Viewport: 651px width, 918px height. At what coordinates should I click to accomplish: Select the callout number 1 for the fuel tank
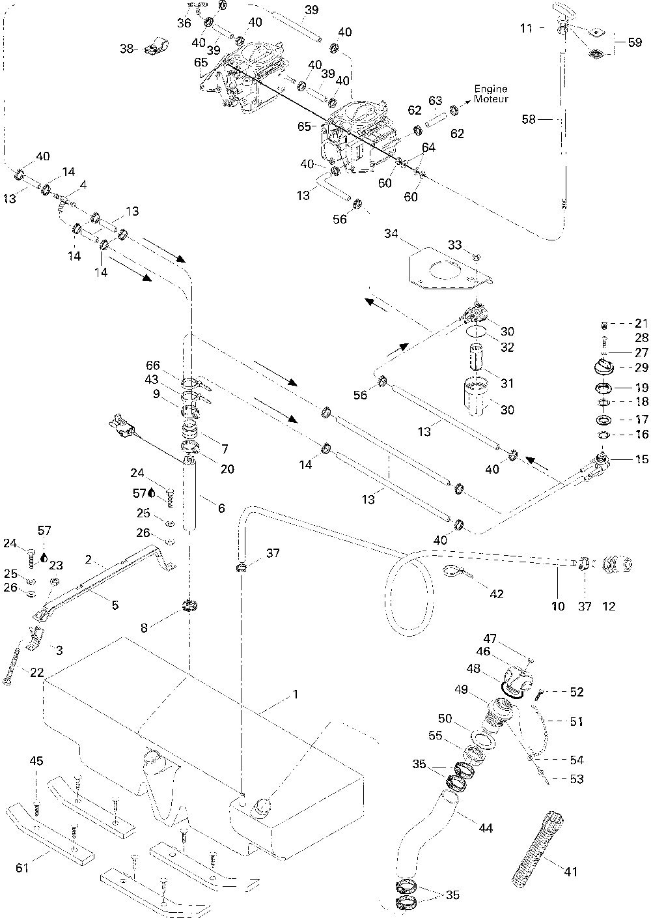(x=295, y=695)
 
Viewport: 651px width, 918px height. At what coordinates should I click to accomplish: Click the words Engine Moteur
(x=491, y=94)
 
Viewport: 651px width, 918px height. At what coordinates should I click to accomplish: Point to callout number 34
(x=391, y=234)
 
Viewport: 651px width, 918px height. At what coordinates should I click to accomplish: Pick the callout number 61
(x=22, y=868)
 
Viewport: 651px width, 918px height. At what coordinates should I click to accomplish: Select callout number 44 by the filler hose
(x=486, y=828)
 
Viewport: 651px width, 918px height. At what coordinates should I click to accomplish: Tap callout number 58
(x=529, y=119)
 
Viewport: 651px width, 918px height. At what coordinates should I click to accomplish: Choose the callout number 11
(x=526, y=28)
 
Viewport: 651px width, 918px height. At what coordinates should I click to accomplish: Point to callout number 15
(x=642, y=459)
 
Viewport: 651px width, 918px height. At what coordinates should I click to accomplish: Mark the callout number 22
(x=37, y=672)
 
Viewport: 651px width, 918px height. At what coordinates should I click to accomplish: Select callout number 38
(x=126, y=49)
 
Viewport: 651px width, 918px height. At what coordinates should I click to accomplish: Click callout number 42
(x=497, y=594)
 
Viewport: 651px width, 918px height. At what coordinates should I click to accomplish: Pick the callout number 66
(x=153, y=365)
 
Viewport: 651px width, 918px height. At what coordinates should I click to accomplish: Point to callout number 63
(x=436, y=101)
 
